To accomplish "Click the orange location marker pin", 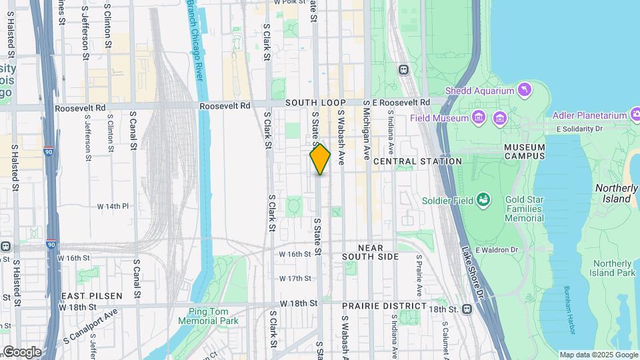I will [x=320, y=159].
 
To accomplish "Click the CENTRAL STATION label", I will [x=417, y=161].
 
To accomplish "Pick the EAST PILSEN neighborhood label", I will [x=92, y=295].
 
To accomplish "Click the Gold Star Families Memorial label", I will [x=524, y=209].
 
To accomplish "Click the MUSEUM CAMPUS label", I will [x=524, y=151].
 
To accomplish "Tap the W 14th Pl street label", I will [x=112, y=207].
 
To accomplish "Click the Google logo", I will [x=21, y=351].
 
